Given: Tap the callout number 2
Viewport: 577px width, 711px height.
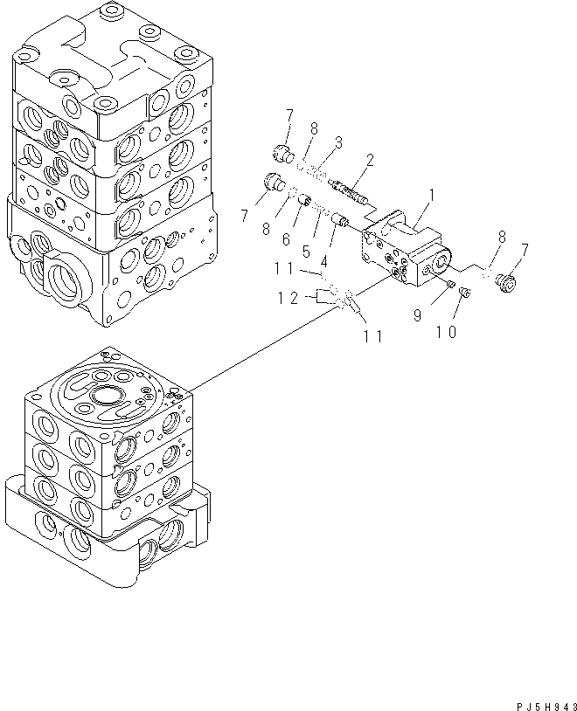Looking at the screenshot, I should (x=371, y=160).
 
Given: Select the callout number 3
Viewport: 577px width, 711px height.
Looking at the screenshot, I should (x=337, y=142).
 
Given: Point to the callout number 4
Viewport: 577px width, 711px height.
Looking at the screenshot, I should (x=323, y=261).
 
